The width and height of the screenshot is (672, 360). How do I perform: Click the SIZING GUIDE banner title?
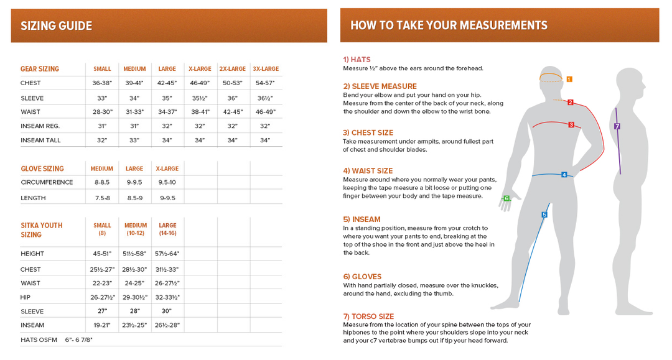click(57, 26)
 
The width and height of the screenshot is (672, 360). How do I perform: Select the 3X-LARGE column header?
click(266, 69)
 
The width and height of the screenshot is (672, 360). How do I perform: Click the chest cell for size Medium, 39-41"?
click(134, 83)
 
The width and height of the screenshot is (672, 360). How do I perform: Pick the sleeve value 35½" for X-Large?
click(200, 98)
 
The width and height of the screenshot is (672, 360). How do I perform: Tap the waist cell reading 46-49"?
click(266, 112)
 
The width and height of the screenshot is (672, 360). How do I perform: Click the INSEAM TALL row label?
click(40, 141)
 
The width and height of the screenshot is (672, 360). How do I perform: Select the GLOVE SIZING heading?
click(42, 169)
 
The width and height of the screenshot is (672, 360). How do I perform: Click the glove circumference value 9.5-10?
click(167, 183)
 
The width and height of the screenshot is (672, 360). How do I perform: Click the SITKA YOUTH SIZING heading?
click(42, 230)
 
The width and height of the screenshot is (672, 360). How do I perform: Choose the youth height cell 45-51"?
click(102, 254)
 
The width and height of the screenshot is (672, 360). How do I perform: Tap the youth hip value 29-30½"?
click(134, 298)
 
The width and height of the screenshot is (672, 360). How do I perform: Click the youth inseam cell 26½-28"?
click(167, 325)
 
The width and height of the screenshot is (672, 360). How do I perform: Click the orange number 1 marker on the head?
click(569, 80)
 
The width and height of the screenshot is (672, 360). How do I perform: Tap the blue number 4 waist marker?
click(564, 175)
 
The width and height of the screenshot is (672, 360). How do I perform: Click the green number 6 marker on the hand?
click(506, 198)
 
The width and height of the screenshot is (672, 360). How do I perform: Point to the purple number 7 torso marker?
click(617, 126)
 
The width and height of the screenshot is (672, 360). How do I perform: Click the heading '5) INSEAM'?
click(362, 219)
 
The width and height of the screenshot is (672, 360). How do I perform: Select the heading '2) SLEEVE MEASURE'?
click(380, 86)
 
